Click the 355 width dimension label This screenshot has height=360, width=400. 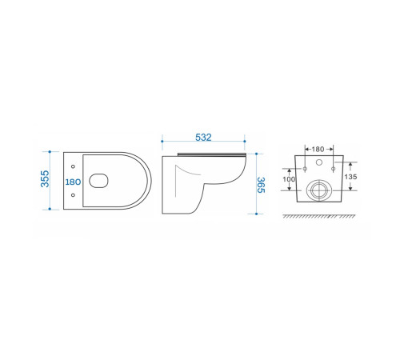point(45,178)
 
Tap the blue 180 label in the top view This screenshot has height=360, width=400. point(73,182)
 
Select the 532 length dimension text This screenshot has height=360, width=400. point(203,138)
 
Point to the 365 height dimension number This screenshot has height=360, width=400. point(261,185)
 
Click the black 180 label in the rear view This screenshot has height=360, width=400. point(318,150)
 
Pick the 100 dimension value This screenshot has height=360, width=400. point(289,179)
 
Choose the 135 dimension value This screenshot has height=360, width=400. point(350,177)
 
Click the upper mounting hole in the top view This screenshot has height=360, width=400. point(73,166)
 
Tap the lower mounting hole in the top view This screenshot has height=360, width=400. point(73,195)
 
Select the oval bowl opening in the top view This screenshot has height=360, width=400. point(98,181)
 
